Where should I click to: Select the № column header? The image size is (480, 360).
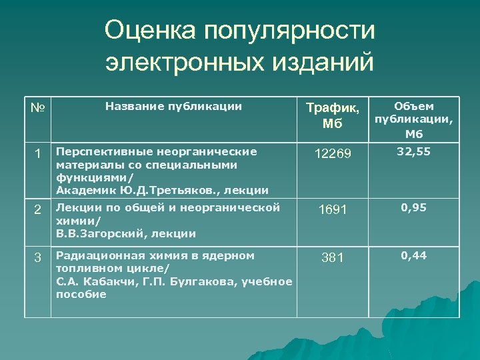point(37,107)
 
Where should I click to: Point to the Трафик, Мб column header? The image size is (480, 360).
point(336,115)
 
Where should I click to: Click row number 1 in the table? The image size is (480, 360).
point(38,154)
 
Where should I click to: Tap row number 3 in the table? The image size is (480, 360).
point(38,257)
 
